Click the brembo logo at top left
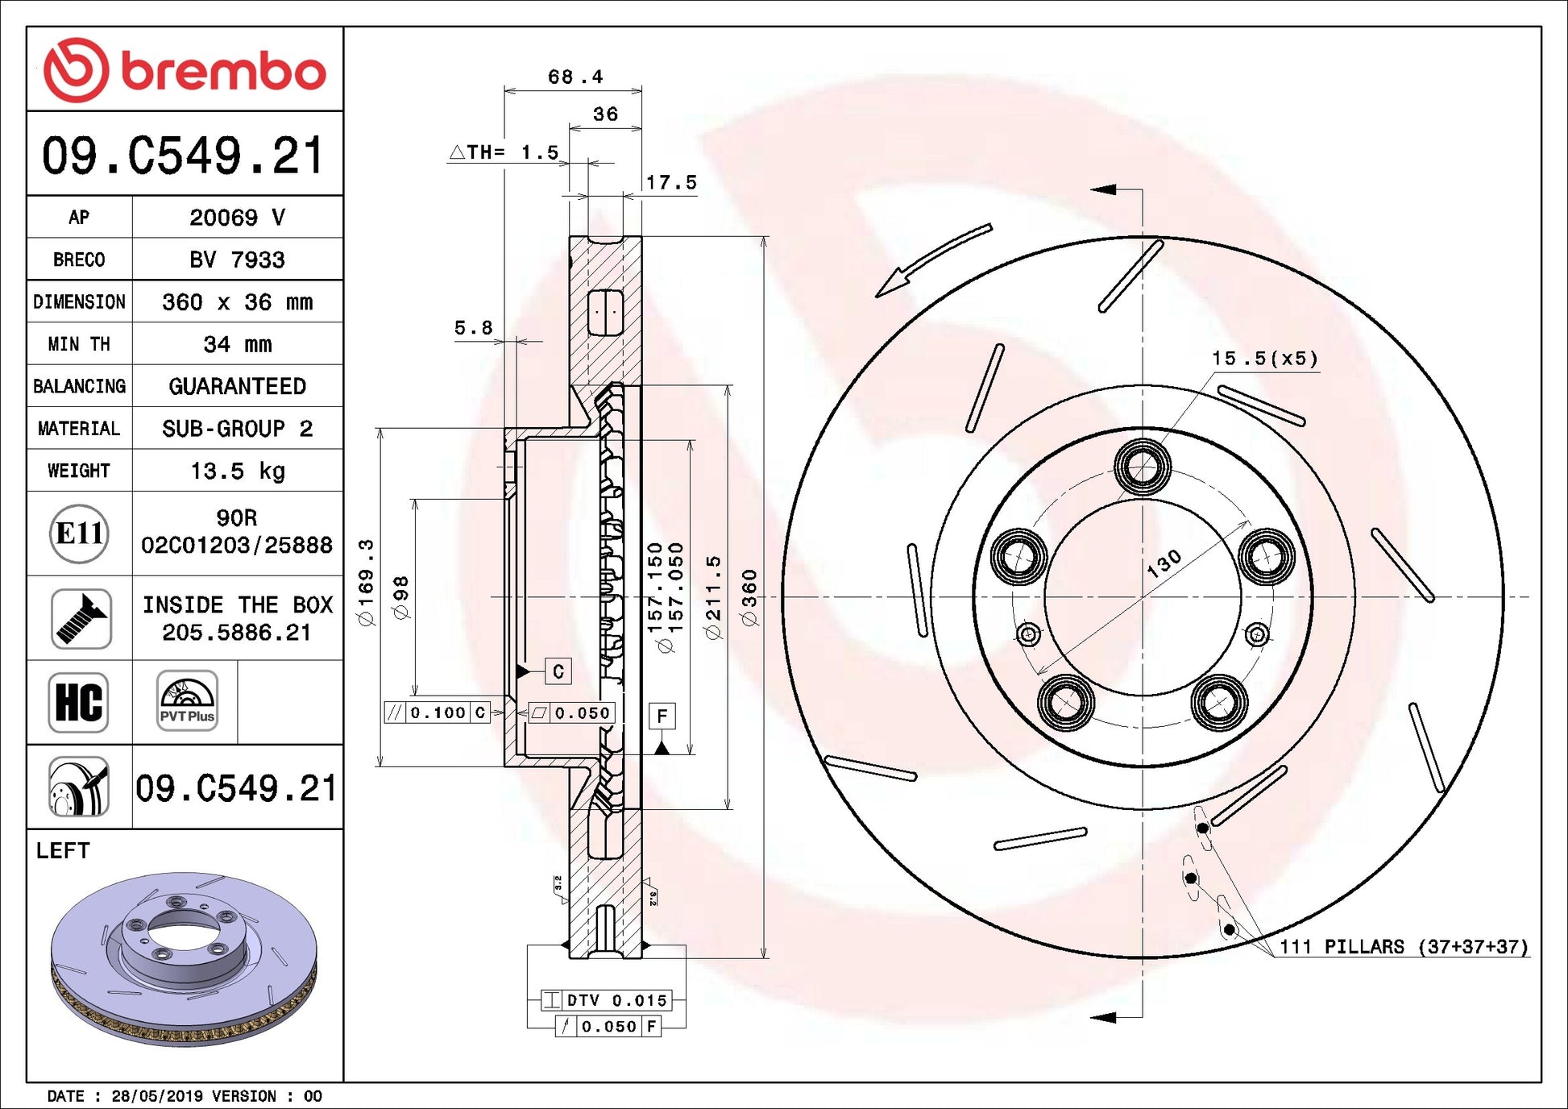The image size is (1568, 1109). pyautogui.click(x=185, y=70)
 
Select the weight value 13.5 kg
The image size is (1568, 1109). pyautogui.click(x=238, y=471)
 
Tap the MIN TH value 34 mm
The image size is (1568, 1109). pyautogui.click(x=238, y=344)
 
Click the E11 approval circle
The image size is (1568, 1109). pyautogui.click(x=79, y=534)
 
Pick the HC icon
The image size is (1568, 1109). pyautogui.click(x=78, y=702)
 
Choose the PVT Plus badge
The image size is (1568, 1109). pyautogui.click(x=187, y=700)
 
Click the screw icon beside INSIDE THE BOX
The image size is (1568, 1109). pyautogui.click(x=81, y=618)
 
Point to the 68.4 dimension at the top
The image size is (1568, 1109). pyautogui.click(x=575, y=77)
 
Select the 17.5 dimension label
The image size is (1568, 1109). pyautogui.click(x=671, y=183)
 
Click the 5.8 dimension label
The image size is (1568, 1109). pyautogui.click(x=474, y=327)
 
